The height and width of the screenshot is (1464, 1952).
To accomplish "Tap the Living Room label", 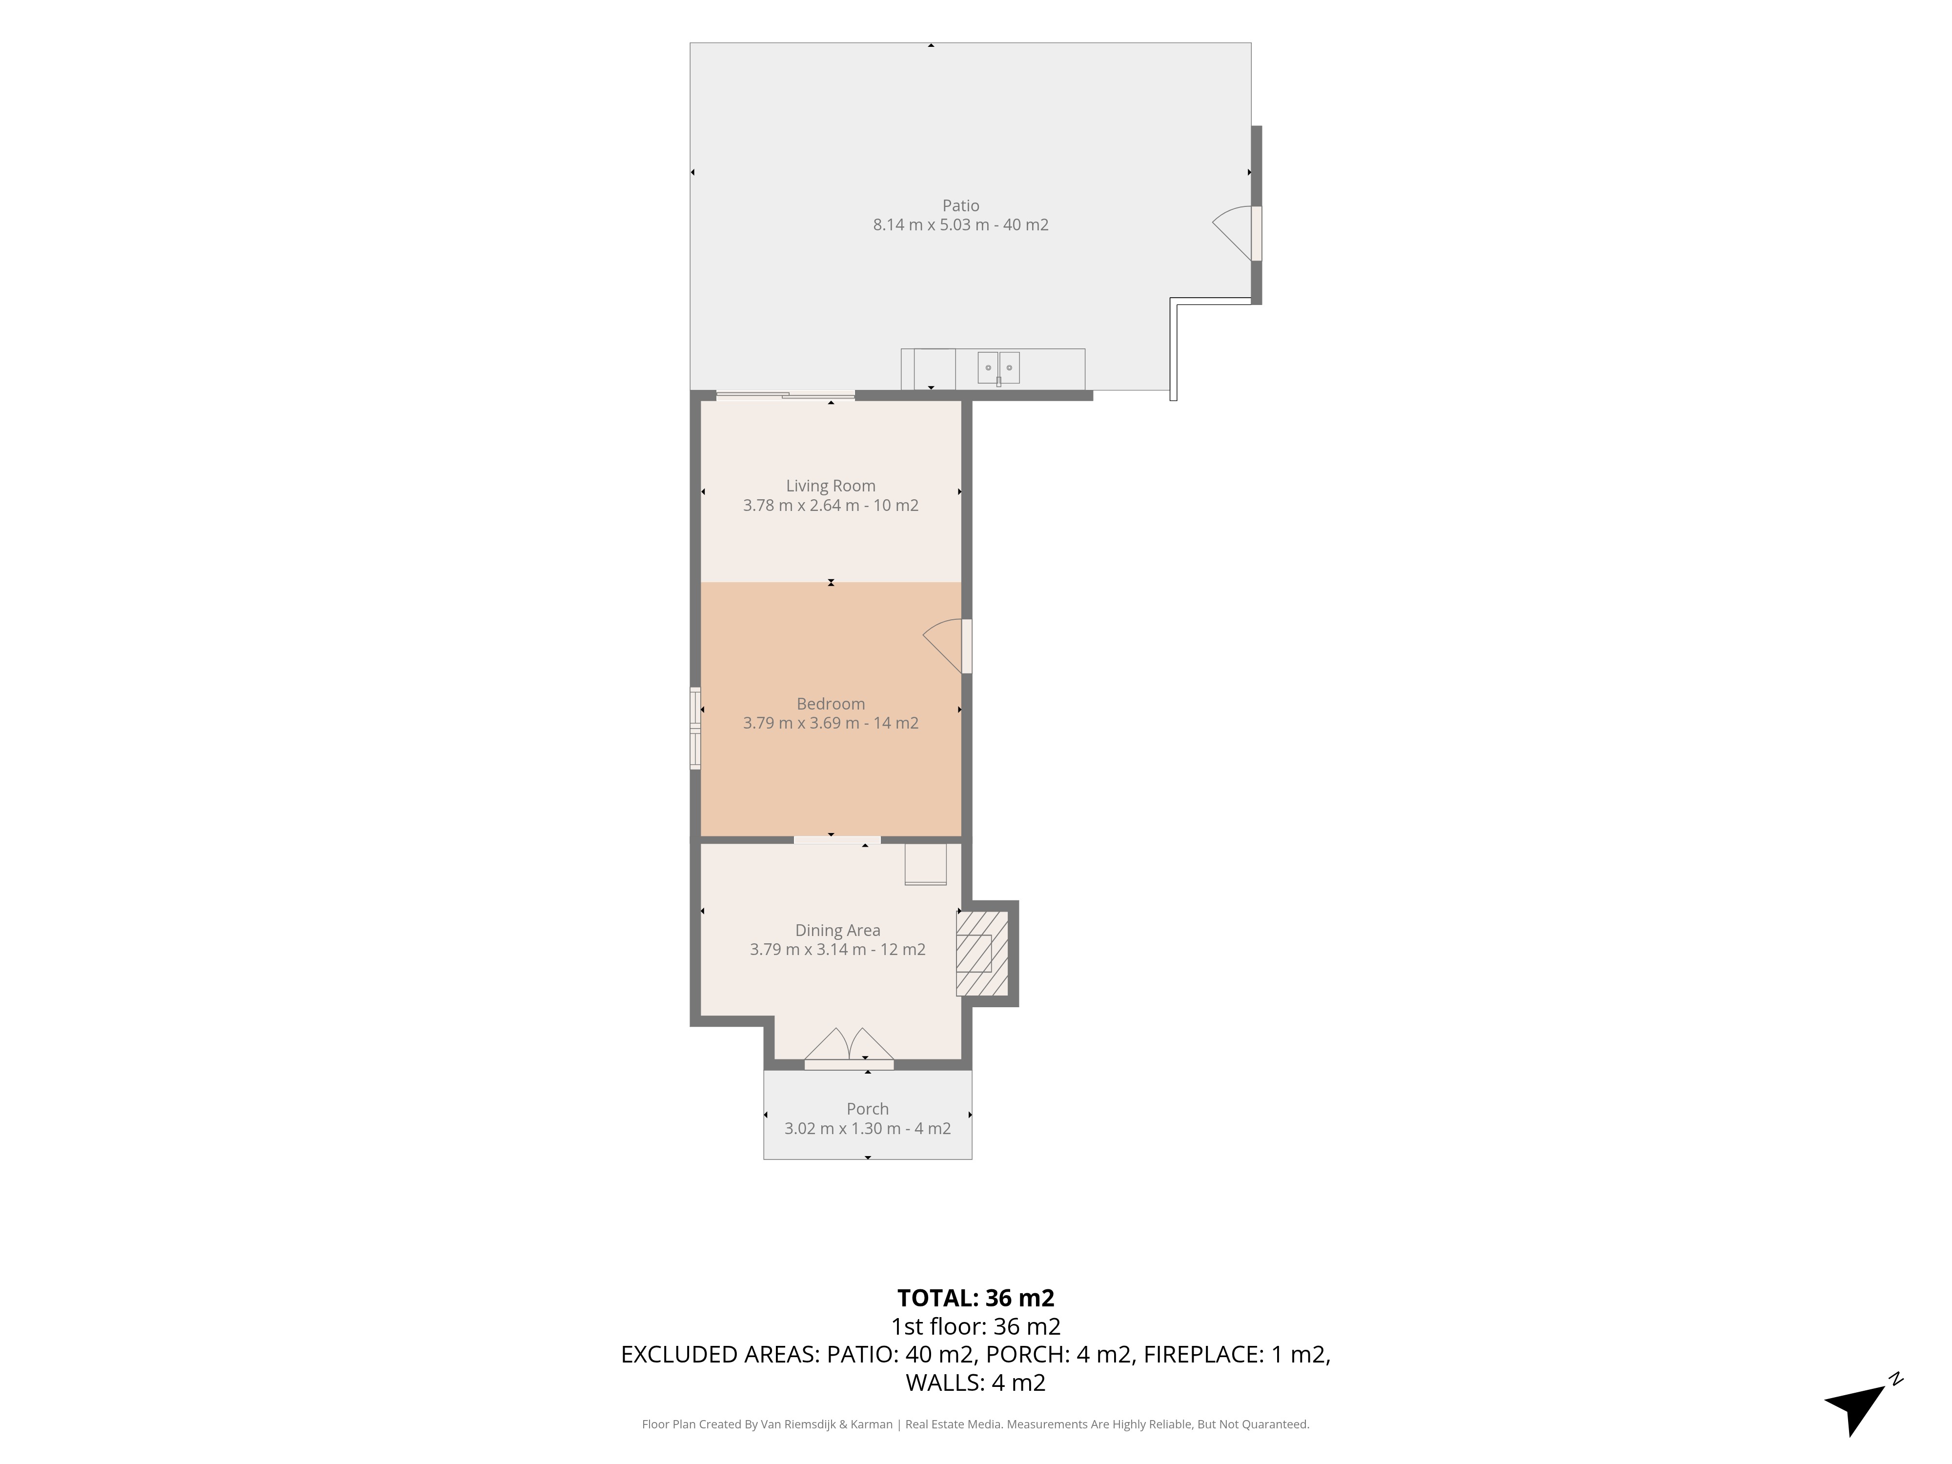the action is pos(831,486).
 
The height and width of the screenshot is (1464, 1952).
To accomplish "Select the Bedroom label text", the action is pos(831,704).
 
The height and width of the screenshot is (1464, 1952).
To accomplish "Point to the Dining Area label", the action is pos(837,930).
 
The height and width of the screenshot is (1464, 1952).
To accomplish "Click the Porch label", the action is pos(868,1109).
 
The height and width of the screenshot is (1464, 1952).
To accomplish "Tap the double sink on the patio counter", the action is pos(998,367).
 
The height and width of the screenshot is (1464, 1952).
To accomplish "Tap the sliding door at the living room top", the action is pos(785,395).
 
